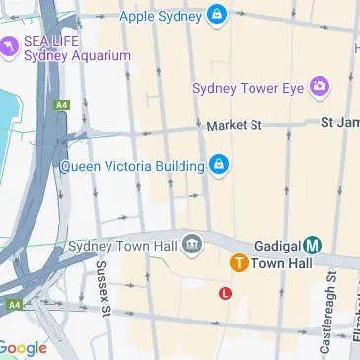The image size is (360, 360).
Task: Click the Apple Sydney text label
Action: pyautogui.click(x=161, y=17)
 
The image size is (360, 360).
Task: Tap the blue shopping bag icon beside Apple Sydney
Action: pyautogui.click(x=217, y=16)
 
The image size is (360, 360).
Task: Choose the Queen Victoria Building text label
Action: pyautogui.click(x=133, y=165)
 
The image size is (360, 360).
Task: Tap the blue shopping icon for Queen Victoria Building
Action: pyautogui.click(x=220, y=165)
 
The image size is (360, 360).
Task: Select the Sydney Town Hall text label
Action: pyautogui.click(x=122, y=245)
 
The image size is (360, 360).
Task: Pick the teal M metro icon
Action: pyautogui.click(x=313, y=245)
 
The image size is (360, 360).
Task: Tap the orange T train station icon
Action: pyautogui.click(x=238, y=263)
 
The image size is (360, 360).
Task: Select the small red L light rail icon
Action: pyautogui.click(x=225, y=293)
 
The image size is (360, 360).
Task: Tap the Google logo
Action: pyautogui.click(x=24, y=348)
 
